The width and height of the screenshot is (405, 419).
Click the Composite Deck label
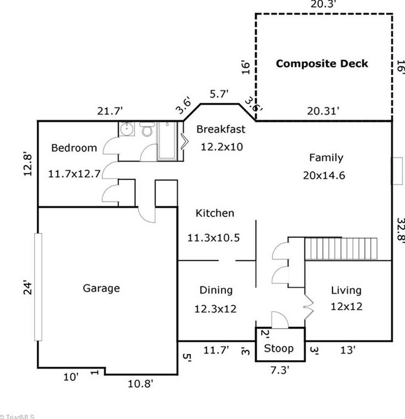322,64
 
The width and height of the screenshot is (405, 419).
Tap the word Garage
101,288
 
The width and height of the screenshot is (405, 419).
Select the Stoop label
279,348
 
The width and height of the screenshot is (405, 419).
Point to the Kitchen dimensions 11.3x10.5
214,238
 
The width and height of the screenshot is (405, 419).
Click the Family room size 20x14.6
324,175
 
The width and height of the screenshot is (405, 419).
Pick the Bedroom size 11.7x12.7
74,174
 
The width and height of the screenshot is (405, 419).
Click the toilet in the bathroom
147,130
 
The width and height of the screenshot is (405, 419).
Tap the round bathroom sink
127,129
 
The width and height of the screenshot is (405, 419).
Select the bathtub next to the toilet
167,141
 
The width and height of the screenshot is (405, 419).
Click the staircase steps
341,248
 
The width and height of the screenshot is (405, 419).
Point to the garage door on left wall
38,287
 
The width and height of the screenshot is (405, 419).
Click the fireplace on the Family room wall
397,171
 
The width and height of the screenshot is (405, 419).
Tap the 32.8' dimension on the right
400,229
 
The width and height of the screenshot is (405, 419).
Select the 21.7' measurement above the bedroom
110,111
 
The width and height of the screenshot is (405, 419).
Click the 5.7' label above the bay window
219,94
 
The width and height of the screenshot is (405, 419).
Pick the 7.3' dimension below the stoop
280,370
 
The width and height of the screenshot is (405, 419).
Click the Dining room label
216,290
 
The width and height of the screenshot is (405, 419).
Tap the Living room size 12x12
347,307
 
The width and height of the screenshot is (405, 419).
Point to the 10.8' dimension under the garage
140,384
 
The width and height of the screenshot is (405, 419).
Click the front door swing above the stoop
280,320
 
